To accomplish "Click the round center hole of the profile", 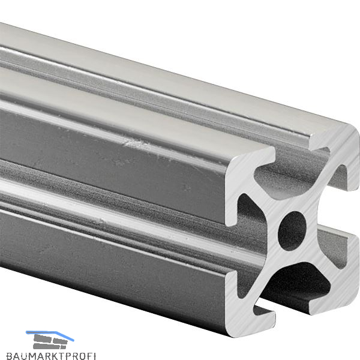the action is pyautogui.click(x=292, y=231).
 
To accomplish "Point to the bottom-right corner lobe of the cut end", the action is pyautogui.click(x=337, y=275).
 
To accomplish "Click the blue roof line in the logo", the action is pyautogui.click(x=50, y=335).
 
